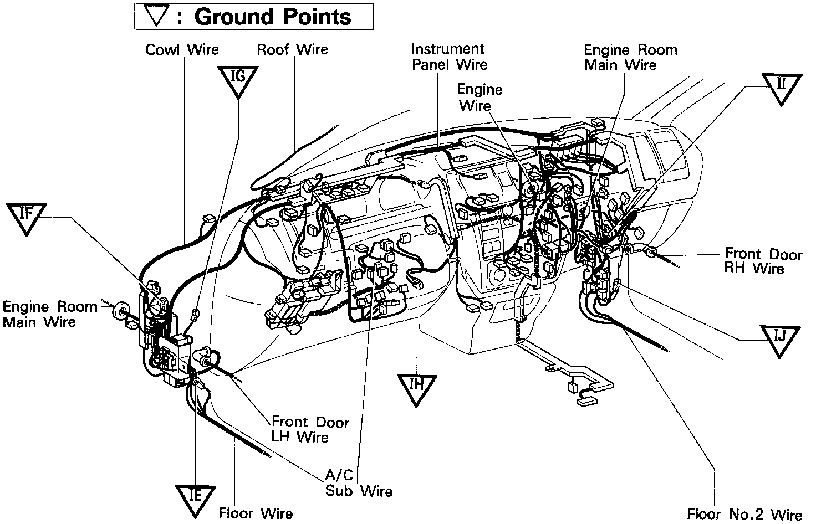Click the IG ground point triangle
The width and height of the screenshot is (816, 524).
(238, 80)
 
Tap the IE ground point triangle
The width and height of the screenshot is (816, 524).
(195, 499)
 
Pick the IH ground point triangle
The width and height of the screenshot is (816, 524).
(417, 388)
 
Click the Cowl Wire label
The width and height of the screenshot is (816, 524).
(182, 50)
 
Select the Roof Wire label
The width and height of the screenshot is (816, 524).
(292, 50)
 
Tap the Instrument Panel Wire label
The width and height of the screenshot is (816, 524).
(449, 57)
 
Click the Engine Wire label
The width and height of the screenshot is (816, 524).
(480, 97)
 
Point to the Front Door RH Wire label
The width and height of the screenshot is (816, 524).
(763, 261)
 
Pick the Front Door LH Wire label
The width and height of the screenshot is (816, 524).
(310, 430)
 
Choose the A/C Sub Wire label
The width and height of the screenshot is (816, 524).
(358, 483)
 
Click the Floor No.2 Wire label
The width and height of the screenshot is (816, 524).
(744, 515)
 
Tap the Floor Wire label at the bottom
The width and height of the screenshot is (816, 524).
(256, 513)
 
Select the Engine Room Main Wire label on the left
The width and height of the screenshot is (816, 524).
(49, 314)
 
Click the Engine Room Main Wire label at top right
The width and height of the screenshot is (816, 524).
(630, 58)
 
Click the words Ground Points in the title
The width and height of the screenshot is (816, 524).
(273, 17)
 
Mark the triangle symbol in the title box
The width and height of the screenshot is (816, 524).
(157, 16)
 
